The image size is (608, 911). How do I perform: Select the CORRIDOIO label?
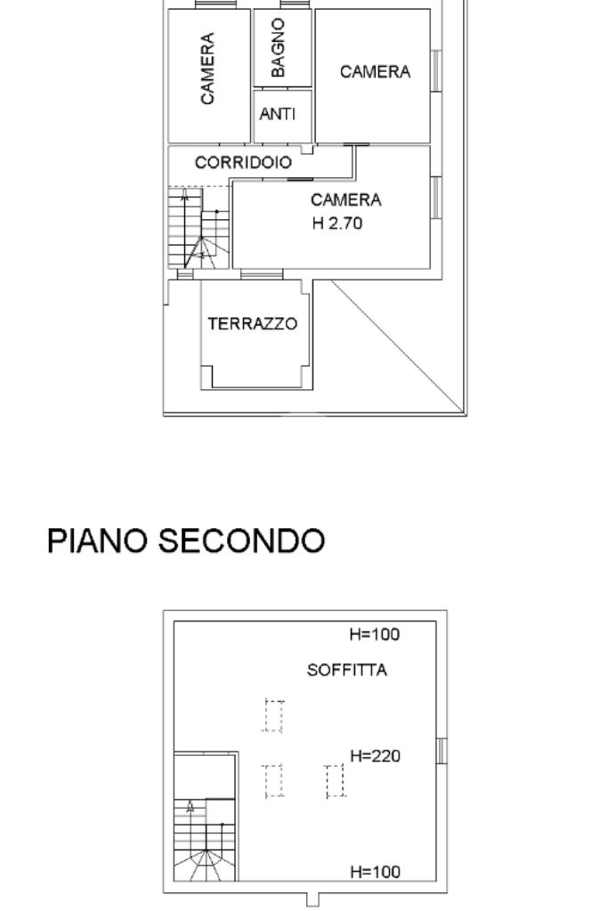243,163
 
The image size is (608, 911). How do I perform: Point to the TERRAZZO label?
253,323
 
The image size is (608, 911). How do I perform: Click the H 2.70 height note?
337,224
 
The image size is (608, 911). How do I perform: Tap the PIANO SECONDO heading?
185,541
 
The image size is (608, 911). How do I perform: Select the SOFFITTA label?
347,671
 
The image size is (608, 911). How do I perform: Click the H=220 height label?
375,756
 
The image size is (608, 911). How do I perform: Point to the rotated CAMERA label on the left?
207,69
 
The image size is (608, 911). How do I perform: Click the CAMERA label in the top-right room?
375,72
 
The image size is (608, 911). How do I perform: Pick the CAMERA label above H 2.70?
346,200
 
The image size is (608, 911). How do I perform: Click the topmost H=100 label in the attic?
374,635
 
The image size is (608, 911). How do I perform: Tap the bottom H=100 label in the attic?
374,872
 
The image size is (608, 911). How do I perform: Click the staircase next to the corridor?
199,228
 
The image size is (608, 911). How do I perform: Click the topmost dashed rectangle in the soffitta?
273,715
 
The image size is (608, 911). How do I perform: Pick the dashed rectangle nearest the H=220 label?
335,781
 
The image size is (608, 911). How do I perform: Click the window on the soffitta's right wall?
442,751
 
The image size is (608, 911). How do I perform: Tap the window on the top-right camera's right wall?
436,69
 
